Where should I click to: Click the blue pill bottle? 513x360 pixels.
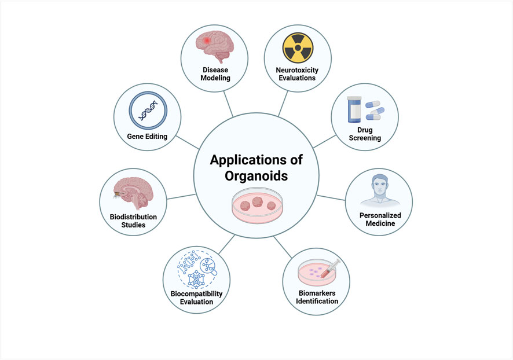(x=354, y=110)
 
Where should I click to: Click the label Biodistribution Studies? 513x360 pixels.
(x=133, y=221)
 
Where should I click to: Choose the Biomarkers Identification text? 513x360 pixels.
(x=314, y=296)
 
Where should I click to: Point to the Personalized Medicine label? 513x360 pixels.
(x=380, y=219)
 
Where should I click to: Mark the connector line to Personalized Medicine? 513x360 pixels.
(x=332, y=197)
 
